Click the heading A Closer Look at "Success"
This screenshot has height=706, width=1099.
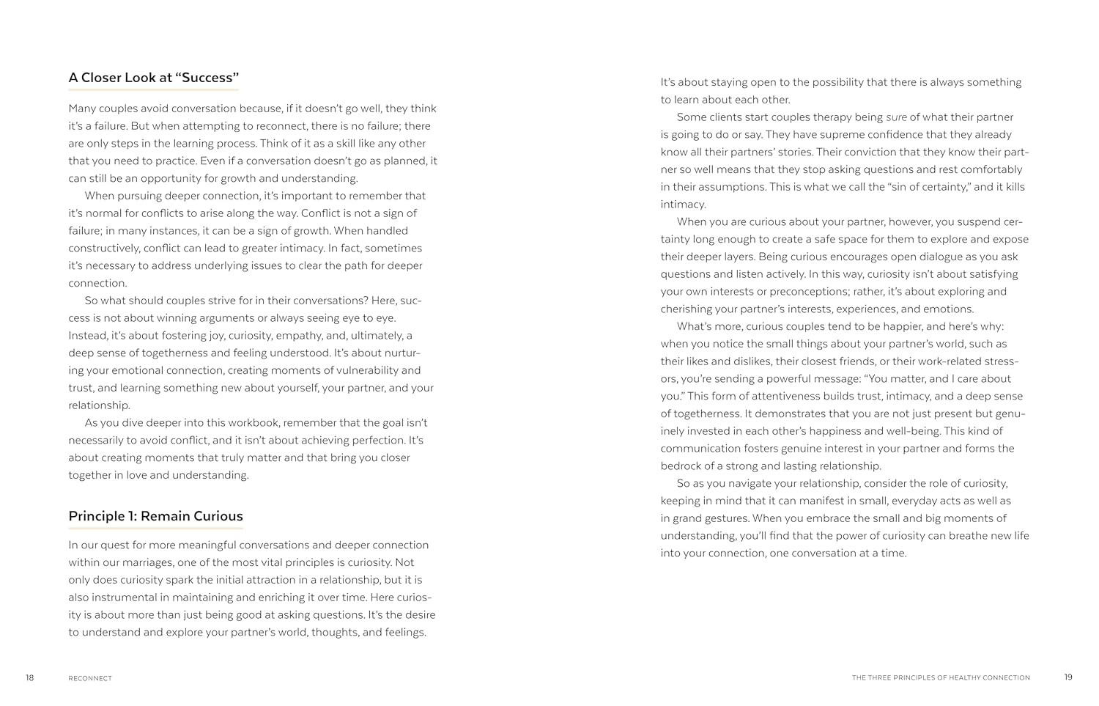[154, 77]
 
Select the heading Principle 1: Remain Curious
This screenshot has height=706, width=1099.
[155, 515]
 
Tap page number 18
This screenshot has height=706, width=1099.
[29, 677]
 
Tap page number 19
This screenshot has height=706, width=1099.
[1068, 677]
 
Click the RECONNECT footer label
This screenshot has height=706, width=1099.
[90, 678]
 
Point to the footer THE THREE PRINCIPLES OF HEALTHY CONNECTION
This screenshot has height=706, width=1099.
[941, 678]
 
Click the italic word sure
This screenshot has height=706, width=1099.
[896, 117]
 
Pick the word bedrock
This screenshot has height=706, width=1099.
[681, 466]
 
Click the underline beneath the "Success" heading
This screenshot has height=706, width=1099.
[154, 90]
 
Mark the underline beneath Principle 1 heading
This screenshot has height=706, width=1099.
[155, 528]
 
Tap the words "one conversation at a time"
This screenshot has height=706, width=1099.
[838, 554]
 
